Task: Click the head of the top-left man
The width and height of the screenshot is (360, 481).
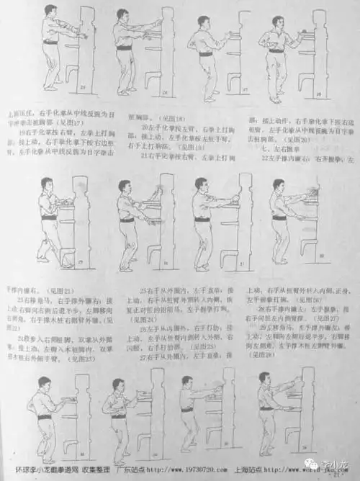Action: [50, 12]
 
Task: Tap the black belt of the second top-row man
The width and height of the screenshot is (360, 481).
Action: [124, 48]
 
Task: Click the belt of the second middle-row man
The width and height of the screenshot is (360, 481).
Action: [127, 219]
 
